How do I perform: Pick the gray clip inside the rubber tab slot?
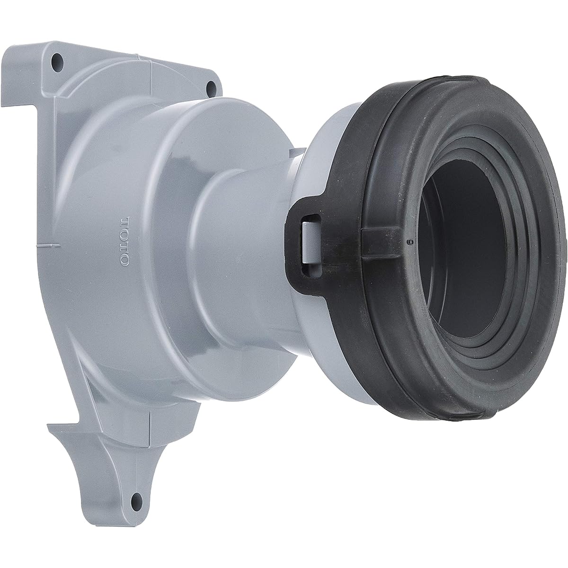click(307, 241)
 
